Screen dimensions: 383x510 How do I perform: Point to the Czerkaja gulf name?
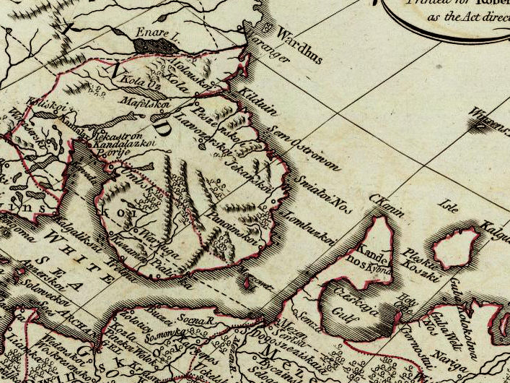pos(353,296)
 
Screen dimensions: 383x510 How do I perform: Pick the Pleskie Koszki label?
pos(419,259)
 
